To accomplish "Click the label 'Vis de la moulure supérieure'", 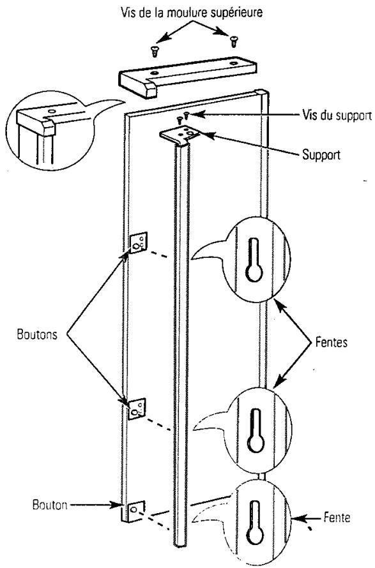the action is (x=191, y=13).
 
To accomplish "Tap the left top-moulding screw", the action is (x=155, y=50).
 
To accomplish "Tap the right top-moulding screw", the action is (x=233, y=41).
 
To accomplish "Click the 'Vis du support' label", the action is (x=337, y=116).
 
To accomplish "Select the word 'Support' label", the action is (x=321, y=154).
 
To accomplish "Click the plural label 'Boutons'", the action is (x=37, y=334).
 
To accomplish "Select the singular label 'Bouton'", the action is (x=50, y=505).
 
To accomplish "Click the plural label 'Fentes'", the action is (x=332, y=342).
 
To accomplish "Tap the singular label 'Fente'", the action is (x=337, y=518).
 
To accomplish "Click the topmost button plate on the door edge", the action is (x=138, y=243).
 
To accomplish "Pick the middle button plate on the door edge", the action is (x=137, y=408).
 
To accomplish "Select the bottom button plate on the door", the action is (x=135, y=511).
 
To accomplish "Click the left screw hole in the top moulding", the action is (x=155, y=73).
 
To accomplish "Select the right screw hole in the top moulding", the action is (x=233, y=63).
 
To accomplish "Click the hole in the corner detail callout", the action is (x=52, y=111).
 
